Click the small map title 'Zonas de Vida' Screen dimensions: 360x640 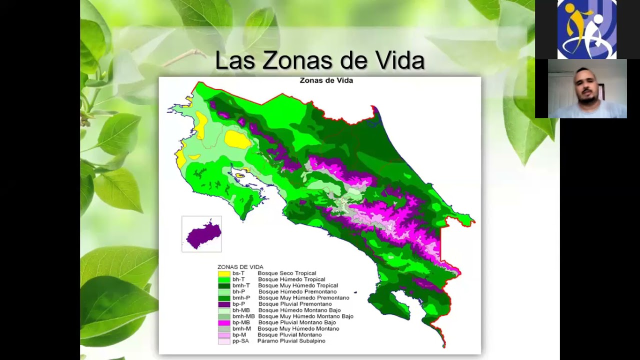[x=326, y=80]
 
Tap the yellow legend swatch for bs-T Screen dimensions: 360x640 [x=224, y=273]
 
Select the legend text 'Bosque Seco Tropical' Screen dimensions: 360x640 [x=287, y=273]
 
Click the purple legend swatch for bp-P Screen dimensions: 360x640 [x=224, y=304]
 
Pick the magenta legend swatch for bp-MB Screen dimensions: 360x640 [x=224, y=322]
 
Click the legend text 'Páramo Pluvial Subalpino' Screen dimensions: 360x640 [x=291, y=341]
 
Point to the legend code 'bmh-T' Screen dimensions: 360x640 [x=241, y=285]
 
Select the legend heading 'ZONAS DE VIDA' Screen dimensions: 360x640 [x=240, y=267]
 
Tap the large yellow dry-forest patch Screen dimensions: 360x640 [x=237, y=139]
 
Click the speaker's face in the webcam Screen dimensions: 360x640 [x=586, y=86]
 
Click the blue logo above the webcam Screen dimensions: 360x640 [x=586, y=29]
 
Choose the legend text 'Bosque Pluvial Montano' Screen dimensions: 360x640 [x=290, y=335]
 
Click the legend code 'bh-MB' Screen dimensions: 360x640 [x=241, y=310]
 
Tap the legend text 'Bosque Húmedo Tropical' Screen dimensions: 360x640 [x=291, y=279]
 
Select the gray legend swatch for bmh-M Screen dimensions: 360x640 [x=224, y=329]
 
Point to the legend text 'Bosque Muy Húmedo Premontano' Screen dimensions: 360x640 [x=303, y=298]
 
